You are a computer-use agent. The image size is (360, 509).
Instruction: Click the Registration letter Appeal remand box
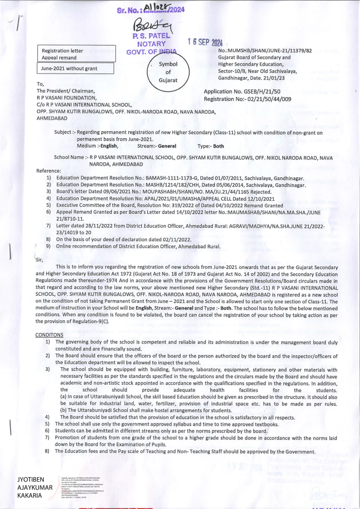[77, 54]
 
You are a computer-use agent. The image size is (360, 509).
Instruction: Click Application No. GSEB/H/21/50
[242, 91]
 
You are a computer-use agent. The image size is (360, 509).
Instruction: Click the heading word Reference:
[49, 170]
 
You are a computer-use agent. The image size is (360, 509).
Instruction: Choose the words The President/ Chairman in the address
[66, 91]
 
